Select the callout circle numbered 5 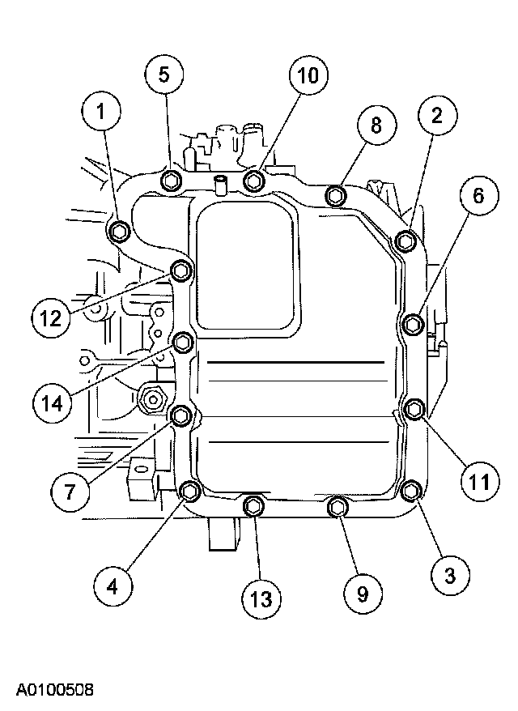(x=164, y=75)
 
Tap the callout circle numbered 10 (x=308, y=77)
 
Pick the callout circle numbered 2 (x=436, y=116)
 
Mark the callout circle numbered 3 (x=450, y=575)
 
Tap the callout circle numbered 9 (x=362, y=594)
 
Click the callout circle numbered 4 (x=113, y=585)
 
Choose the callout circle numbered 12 (x=52, y=317)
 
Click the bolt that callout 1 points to (x=120, y=232)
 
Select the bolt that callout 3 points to (x=411, y=491)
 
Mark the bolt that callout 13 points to (x=254, y=506)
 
